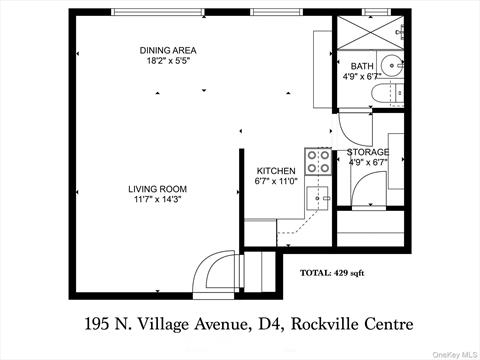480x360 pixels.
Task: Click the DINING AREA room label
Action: click(x=168, y=50)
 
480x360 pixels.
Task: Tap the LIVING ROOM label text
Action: click(x=157, y=189)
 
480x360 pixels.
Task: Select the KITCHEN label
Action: click(x=276, y=171)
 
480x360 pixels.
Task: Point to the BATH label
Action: click(x=362, y=66)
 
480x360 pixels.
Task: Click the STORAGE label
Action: click(x=368, y=152)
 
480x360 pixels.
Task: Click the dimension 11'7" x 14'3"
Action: click(x=157, y=199)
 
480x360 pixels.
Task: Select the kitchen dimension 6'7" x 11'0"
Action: click(x=276, y=181)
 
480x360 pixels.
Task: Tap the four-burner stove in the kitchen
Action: click(x=318, y=161)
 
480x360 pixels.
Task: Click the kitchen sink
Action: click(x=317, y=198)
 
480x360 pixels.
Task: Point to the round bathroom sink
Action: click(x=391, y=65)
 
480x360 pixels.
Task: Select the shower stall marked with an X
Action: click(x=370, y=33)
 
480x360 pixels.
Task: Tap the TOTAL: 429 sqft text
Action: click(x=332, y=273)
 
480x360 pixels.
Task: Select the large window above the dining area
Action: click(x=158, y=12)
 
